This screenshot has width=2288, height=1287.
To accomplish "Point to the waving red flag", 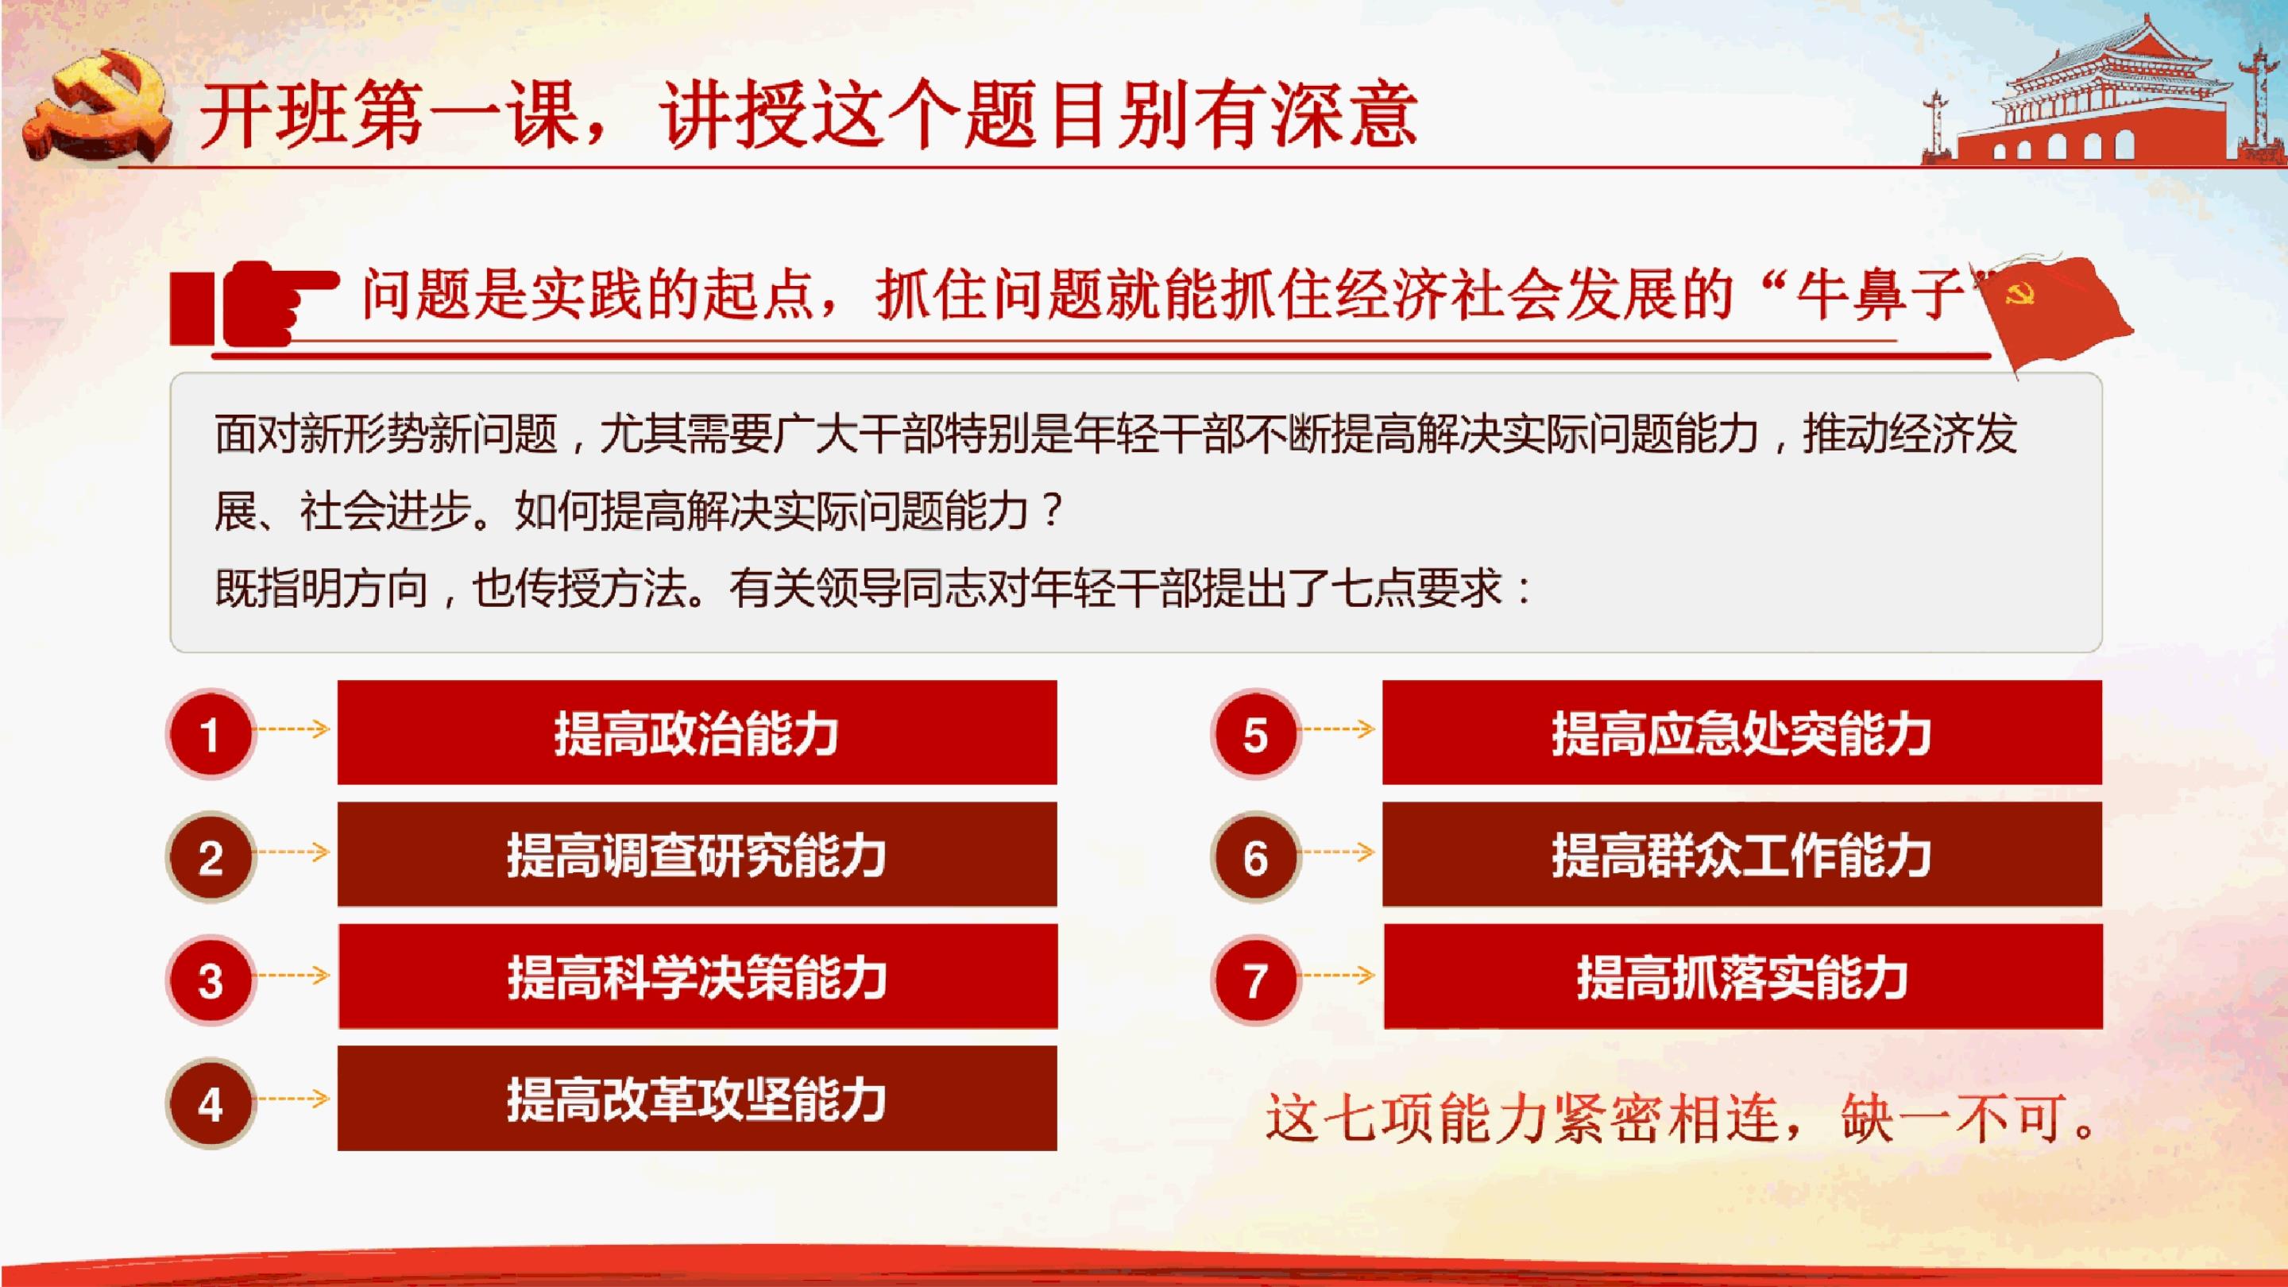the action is tap(2052, 311).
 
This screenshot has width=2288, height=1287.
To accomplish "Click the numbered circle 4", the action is tap(211, 1103).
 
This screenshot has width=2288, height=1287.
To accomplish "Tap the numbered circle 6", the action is tap(1255, 857).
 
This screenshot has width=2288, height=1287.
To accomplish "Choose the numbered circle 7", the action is tap(1255, 980).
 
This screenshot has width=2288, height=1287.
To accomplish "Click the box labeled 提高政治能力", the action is tap(698, 732).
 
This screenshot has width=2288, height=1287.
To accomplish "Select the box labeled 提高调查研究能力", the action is tap(698, 855).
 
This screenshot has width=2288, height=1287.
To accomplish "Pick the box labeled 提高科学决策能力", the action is tap(698, 977).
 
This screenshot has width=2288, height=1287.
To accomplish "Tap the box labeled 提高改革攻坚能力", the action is tap(698, 1099).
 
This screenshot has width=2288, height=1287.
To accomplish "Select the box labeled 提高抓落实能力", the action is tap(1744, 977).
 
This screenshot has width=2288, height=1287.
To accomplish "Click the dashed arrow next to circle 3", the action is tap(292, 976).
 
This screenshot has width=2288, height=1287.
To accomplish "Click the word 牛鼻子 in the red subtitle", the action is tap(1880, 294).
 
